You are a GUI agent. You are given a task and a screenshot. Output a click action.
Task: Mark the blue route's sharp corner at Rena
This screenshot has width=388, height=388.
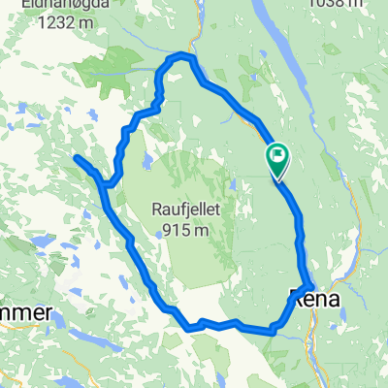click(307, 285)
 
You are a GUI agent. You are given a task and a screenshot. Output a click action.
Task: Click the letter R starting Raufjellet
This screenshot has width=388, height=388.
click(156, 209)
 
